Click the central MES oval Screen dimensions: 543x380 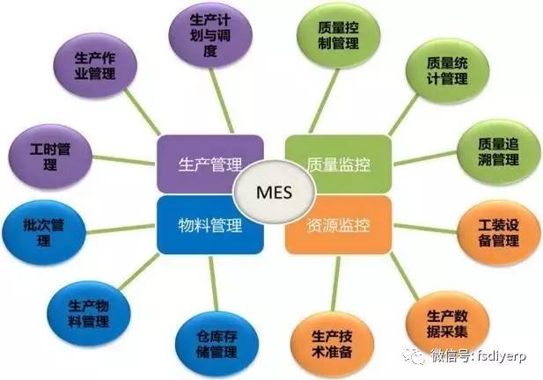pyautogui.click(x=275, y=193)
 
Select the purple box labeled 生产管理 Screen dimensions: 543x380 pyautogui.click(x=210, y=164)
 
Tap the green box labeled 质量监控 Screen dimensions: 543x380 pyautogui.click(x=338, y=164)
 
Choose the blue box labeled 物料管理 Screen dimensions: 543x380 pyautogui.click(x=210, y=225)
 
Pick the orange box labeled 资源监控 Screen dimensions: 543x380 pyautogui.click(x=338, y=225)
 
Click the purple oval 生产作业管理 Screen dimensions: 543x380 pyautogui.click(x=95, y=65)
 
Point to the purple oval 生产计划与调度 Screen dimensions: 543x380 pyautogui.click(x=210, y=36)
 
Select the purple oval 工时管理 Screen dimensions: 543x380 pyautogui.click(x=50, y=157)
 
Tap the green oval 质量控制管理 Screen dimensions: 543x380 pyautogui.click(x=338, y=36)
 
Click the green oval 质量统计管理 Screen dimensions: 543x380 pyautogui.click(x=447, y=71)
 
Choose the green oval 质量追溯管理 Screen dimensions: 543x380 pyautogui.click(x=498, y=152)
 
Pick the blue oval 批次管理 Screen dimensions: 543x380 pyautogui.click(x=44, y=232)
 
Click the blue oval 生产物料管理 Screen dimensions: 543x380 pyautogui.click(x=89, y=313)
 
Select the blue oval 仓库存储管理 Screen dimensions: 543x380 pyautogui.click(x=216, y=344)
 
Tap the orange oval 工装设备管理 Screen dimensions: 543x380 pyautogui.click(x=499, y=233)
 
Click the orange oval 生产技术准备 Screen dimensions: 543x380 pyautogui.click(x=332, y=344)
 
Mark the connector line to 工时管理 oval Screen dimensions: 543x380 pyautogui.click(x=124, y=160)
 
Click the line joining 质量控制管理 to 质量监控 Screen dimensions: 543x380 pyautogui.click(x=324, y=101)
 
